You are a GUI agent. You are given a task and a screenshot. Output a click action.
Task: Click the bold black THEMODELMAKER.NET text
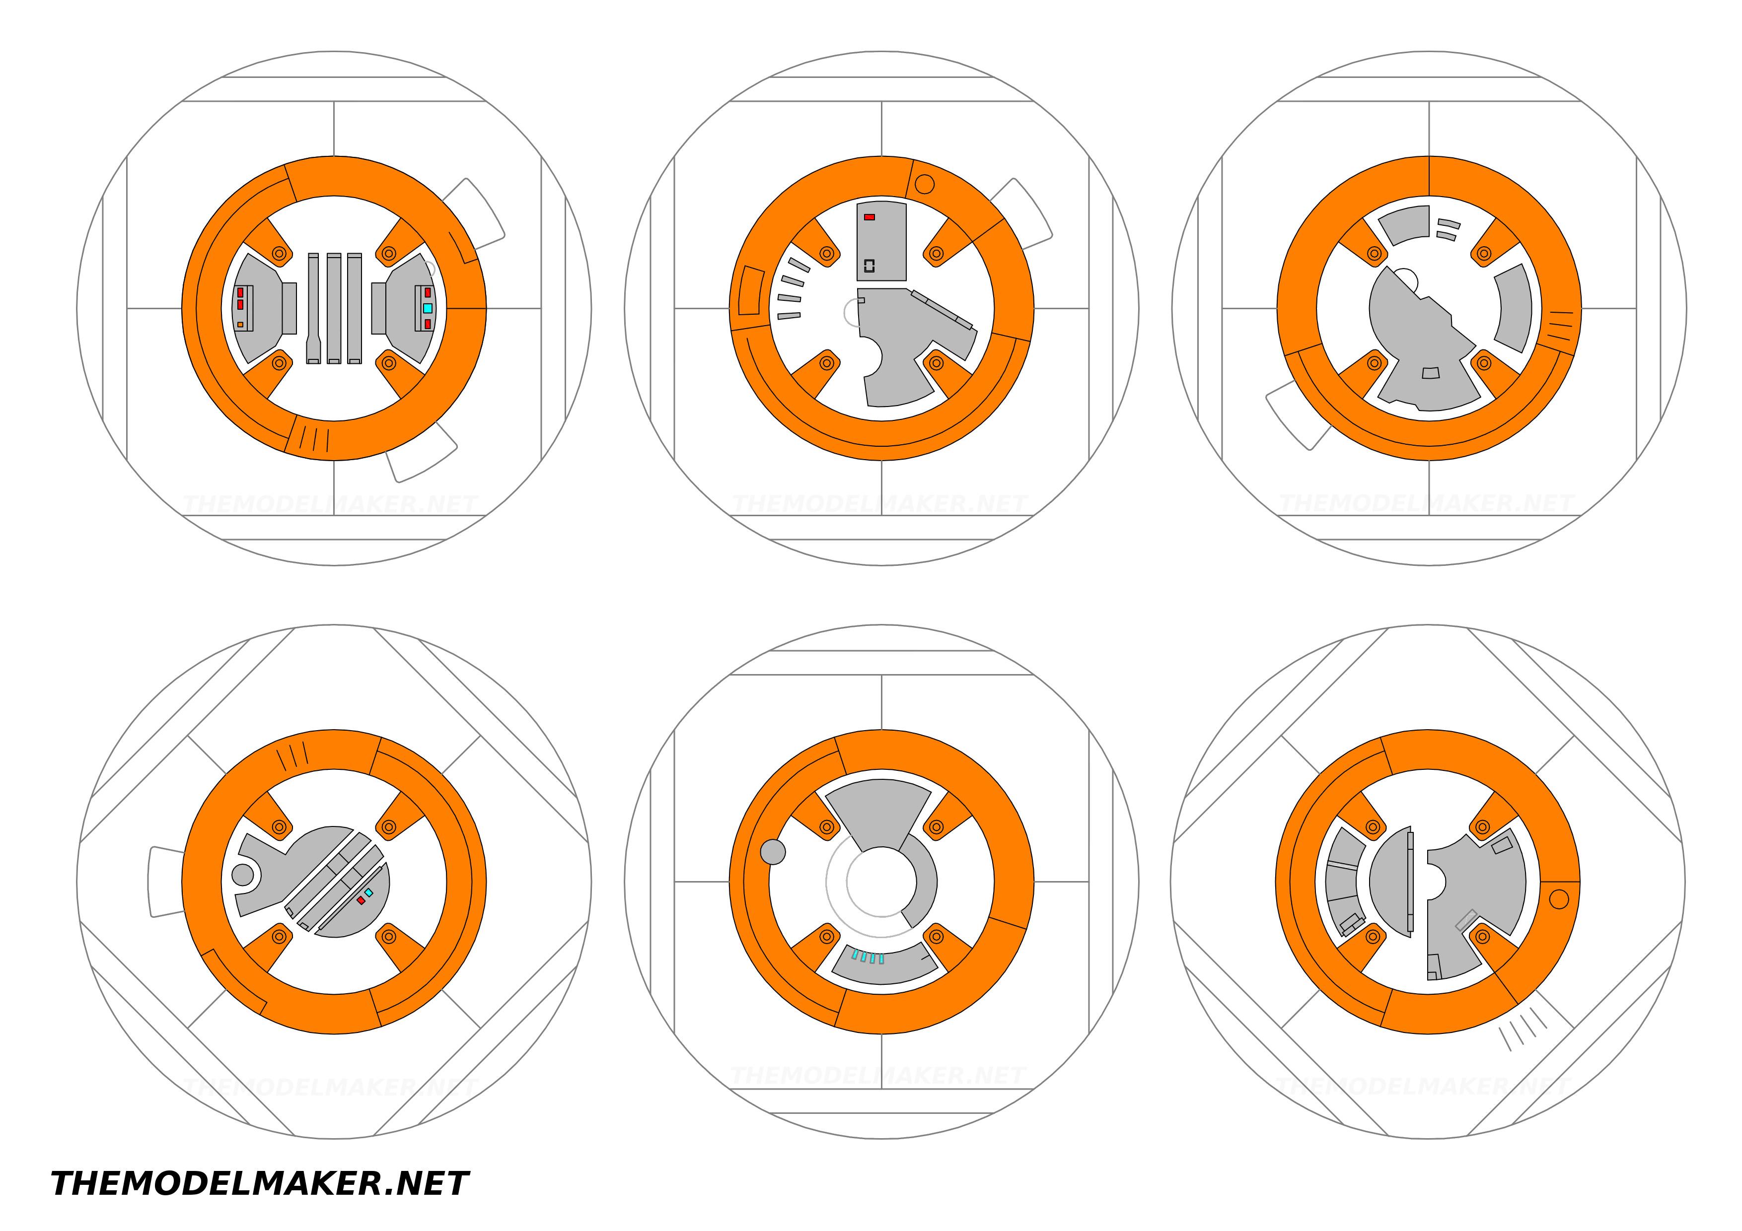(260, 1184)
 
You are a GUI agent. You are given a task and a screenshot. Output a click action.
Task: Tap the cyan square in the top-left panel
(428, 309)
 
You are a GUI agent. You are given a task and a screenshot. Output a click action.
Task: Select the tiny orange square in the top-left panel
(240, 325)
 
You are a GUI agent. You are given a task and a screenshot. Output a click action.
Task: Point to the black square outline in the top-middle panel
(870, 266)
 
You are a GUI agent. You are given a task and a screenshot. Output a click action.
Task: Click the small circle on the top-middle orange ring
(925, 184)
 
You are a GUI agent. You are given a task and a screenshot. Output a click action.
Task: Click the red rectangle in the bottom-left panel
(361, 900)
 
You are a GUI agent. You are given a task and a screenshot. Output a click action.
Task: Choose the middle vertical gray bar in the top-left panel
(334, 309)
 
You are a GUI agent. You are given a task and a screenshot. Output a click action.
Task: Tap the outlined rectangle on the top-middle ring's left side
(752, 290)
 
